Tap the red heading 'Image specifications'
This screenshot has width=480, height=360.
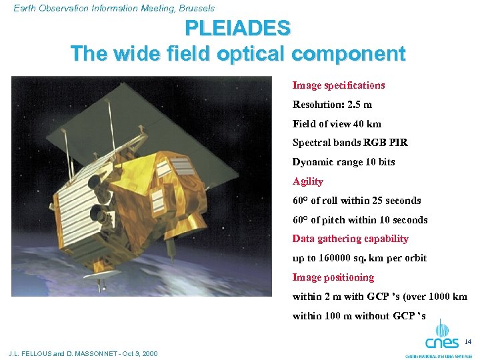[338, 85]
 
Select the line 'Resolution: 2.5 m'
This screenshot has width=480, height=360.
[332, 105]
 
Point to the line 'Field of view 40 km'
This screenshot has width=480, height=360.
[337, 124]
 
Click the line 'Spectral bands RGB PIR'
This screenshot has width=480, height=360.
[350, 143]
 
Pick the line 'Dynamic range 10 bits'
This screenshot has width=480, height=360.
[343, 162]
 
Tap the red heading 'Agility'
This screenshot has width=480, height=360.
[307, 181]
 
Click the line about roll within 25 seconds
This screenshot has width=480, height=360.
[357, 201]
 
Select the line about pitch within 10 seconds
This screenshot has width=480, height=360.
[360, 220]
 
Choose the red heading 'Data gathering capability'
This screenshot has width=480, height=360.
[350, 239]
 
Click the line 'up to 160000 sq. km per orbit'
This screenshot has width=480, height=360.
[359, 258]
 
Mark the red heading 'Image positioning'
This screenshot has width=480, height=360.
[333, 277]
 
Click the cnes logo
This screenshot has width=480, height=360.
[441, 337]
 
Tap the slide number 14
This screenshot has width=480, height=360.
[467, 342]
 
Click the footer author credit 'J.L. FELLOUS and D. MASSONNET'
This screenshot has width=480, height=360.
[83, 353]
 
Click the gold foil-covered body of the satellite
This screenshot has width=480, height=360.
[173, 193]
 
